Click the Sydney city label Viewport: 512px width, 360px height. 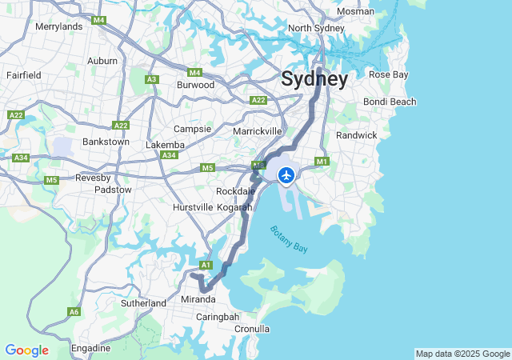pos(314,79)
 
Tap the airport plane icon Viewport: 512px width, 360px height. pos(286,174)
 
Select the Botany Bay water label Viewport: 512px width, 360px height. pos(289,239)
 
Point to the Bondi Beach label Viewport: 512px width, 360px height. pos(390,102)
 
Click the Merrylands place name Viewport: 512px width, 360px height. pos(59,26)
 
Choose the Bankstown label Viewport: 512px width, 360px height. pos(106,142)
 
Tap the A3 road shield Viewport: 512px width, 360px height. pos(152,79)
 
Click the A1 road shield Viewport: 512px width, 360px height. pos(206,265)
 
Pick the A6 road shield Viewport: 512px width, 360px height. pos(74,311)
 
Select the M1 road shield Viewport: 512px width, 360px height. pos(322,161)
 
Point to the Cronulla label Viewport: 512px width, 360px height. pos(251,329)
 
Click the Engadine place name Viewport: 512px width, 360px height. pos(90,348)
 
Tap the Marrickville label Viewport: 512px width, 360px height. pos(258,130)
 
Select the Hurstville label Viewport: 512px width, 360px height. pos(193,207)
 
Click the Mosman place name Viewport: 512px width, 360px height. pos(355,11)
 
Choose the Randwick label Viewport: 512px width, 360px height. pos(356,135)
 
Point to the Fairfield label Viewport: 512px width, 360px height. pos(23,74)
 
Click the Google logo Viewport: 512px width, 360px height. pos(26,350)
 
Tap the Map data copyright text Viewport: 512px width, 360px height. pos(462,354)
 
